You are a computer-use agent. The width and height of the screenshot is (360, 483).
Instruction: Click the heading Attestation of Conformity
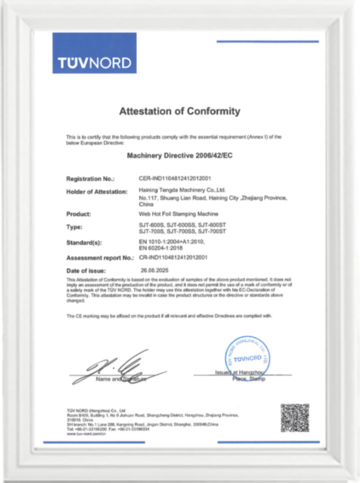pos(179,111)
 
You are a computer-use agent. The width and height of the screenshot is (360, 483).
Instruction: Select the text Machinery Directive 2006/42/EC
pos(179,155)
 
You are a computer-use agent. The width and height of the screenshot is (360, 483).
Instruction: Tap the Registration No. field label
pos(90,178)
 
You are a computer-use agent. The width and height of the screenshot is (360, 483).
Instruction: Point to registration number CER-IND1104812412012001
pos(175,178)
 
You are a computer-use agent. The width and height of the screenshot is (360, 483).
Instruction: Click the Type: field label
pos(74,227)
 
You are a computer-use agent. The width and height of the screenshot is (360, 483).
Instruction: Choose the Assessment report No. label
pos(100,258)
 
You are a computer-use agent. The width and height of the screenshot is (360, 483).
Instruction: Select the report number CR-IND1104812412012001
pos(173,257)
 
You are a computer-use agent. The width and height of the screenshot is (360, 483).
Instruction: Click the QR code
pos(294,418)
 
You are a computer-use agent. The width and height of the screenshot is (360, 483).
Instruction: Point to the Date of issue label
pos(86,271)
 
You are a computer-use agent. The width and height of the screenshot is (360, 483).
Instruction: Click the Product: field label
pos(78,214)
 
